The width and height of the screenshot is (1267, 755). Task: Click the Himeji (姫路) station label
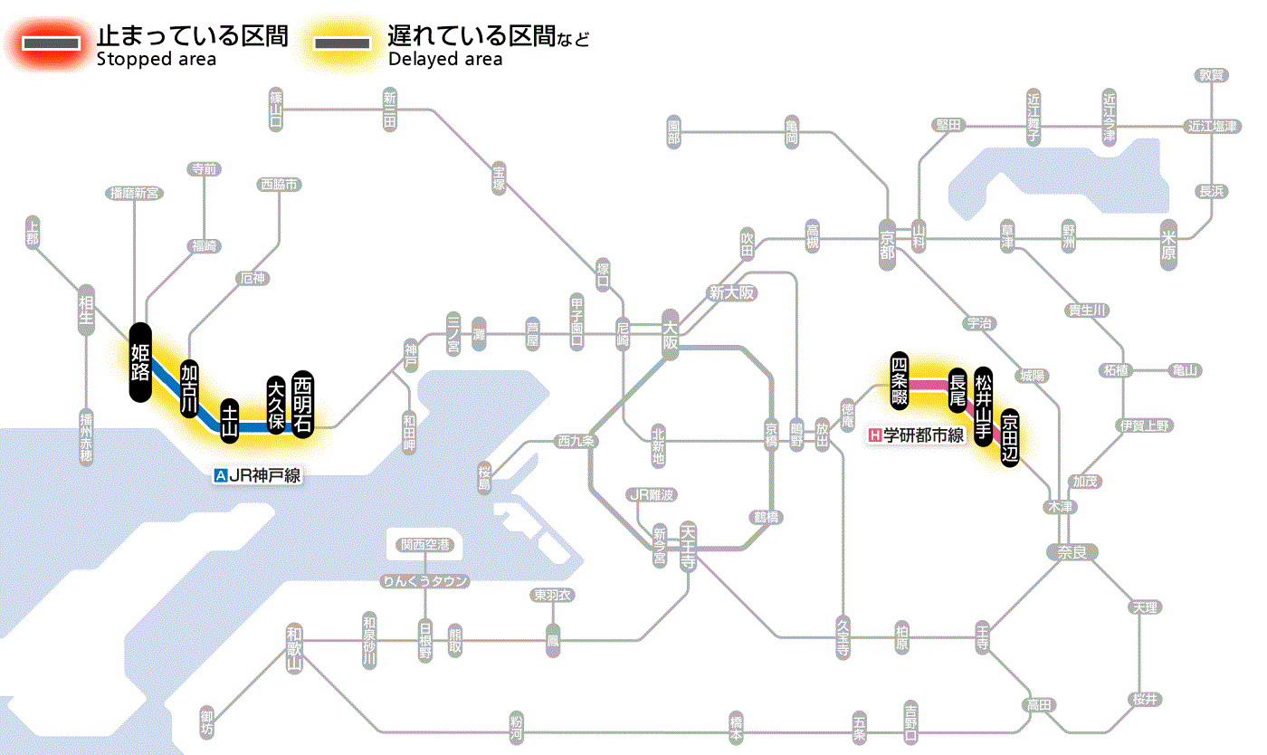point(140,362)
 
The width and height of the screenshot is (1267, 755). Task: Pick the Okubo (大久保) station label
point(276,405)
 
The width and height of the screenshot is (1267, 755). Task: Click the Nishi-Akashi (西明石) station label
point(303,404)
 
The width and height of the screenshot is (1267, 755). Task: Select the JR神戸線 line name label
point(257,475)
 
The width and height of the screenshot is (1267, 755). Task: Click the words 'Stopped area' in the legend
point(156,60)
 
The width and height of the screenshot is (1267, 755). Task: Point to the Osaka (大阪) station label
point(670,335)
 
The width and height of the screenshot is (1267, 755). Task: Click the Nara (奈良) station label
point(1071,551)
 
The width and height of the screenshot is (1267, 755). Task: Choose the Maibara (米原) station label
point(1170,245)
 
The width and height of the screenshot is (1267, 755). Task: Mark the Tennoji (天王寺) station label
point(688,546)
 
